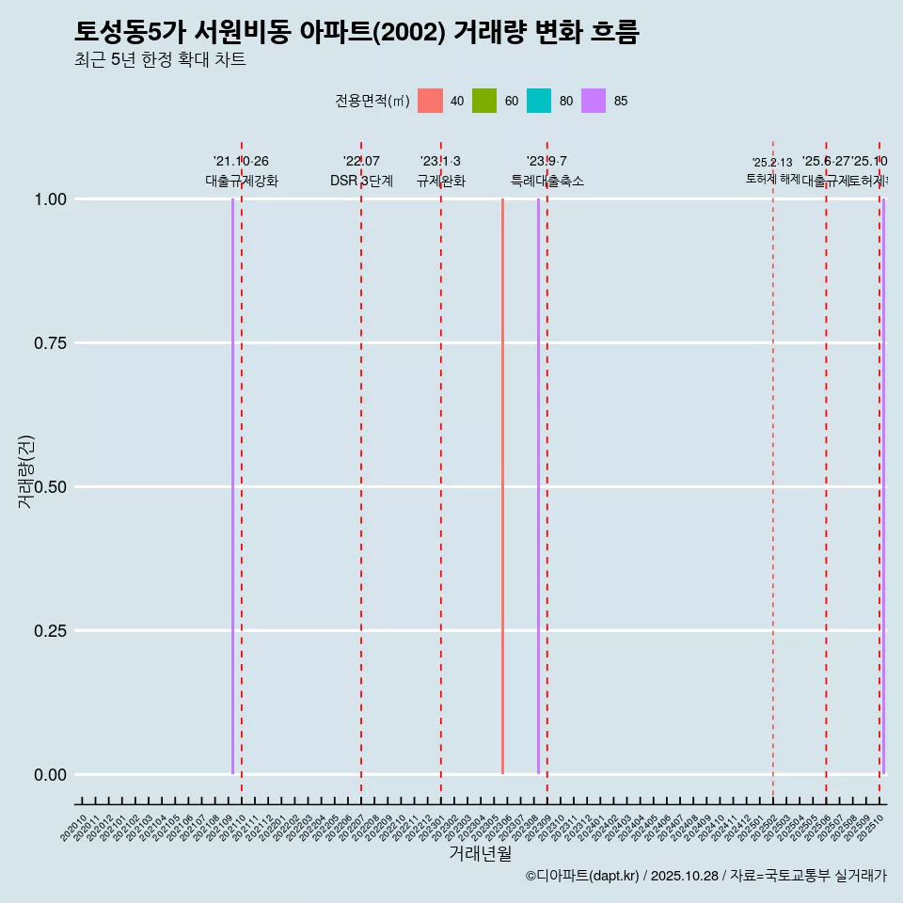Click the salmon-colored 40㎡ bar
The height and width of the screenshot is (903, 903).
coord(502,486)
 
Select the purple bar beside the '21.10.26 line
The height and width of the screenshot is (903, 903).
coord(232,486)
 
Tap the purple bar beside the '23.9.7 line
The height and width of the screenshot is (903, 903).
coord(538,486)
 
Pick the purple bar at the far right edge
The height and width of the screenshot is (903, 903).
coord(883,486)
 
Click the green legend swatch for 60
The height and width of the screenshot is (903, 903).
coord(484,101)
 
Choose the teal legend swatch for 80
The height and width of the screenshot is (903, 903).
coord(539,101)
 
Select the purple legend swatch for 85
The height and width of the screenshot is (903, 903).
coord(594,101)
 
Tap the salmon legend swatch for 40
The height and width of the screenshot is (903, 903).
coord(430,101)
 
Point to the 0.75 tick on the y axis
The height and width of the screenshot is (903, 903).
coord(49,342)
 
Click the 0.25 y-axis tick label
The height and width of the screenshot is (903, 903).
coord(49,630)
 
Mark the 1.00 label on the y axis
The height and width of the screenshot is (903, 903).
coord(49,198)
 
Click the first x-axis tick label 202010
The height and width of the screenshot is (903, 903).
coord(73,829)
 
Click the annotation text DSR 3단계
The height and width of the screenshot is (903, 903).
coord(361,181)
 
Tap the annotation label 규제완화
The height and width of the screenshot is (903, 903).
coord(440,181)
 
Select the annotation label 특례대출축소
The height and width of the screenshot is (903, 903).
coord(547,181)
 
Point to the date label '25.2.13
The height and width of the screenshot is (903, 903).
coord(772,162)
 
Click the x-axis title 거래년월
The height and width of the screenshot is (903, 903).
coord(481,853)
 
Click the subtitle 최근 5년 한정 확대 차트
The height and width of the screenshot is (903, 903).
coord(160,60)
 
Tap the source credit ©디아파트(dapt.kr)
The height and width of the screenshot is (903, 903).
coord(582,876)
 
